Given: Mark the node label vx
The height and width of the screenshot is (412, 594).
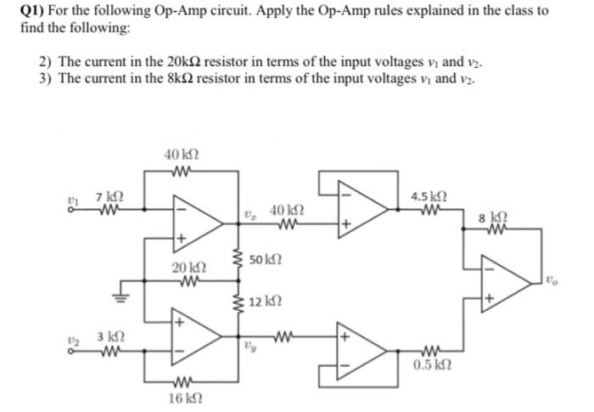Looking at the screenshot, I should pos(252,214).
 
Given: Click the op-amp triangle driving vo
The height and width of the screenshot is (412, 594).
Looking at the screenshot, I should pos(503,279).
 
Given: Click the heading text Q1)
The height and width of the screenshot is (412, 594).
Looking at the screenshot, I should pos(33,11).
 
